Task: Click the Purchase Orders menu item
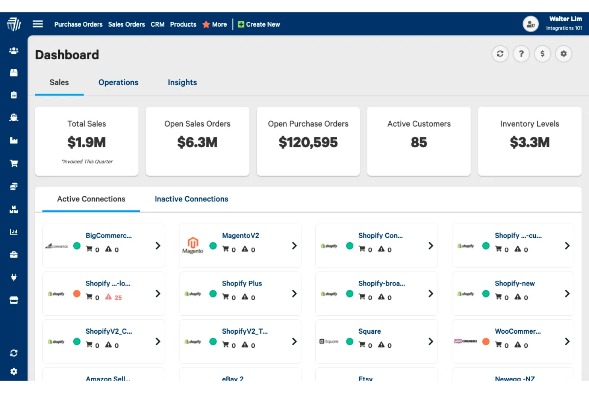click(x=78, y=24)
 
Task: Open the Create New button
click(x=259, y=24)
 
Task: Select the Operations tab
click(x=118, y=82)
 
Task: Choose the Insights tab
click(x=182, y=82)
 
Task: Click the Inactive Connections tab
click(x=191, y=199)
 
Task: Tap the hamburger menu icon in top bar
click(x=38, y=24)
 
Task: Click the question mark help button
click(x=521, y=54)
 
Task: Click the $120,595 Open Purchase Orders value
click(x=308, y=143)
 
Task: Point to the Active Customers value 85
click(x=419, y=143)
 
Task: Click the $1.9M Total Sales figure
click(x=86, y=143)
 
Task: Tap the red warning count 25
click(x=118, y=297)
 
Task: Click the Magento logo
click(x=193, y=245)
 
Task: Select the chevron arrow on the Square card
click(x=431, y=342)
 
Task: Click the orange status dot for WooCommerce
click(x=486, y=341)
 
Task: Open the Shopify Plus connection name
click(x=242, y=284)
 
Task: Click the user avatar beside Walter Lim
click(x=530, y=24)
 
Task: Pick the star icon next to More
click(x=206, y=24)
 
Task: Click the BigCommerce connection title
click(x=108, y=236)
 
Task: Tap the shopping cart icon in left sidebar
click(x=14, y=163)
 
